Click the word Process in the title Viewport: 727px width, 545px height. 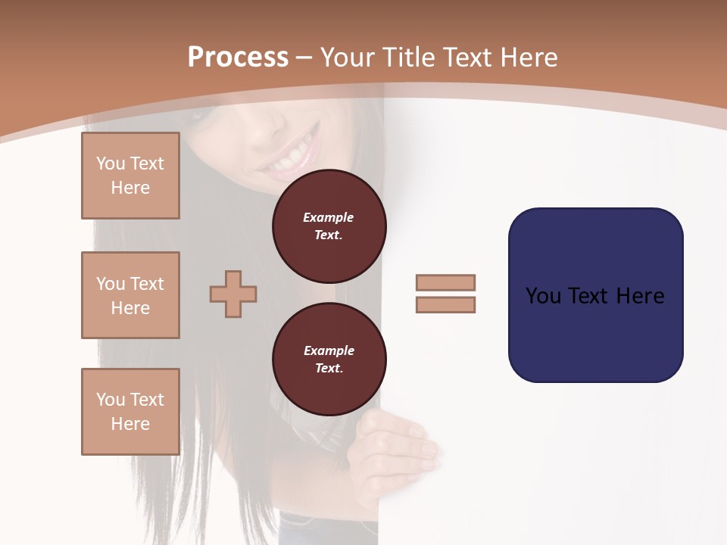pos(238,58)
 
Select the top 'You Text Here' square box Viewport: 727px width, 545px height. pos(130,176)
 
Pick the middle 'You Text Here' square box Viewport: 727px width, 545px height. pos(130,295)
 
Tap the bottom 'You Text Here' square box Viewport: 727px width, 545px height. pos(130,412)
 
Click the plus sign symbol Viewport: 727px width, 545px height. pos(233,294)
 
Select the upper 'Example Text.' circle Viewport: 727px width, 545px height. pos(329,226)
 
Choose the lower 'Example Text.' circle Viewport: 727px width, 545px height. pos(329,360)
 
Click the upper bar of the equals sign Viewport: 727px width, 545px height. pos(445,282)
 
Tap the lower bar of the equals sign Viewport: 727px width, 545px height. pos(445,305)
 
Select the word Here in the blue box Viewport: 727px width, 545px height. pos(640,296)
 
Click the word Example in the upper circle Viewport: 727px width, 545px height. pos(329,217)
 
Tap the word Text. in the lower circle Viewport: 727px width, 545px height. pos(329,369)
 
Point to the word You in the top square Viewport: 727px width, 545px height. pos(109,163)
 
